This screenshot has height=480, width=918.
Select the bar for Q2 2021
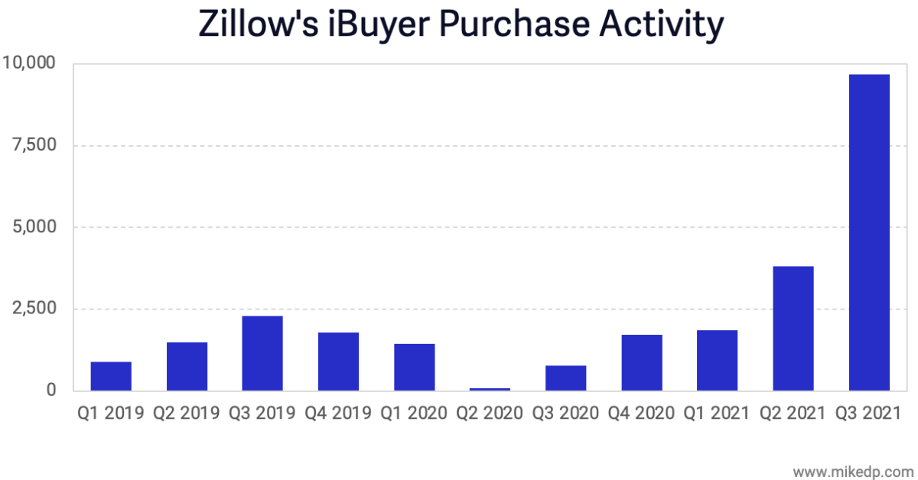[793, 328]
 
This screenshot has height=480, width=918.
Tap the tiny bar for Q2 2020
[490, 389]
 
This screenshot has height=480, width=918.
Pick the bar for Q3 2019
[262, 352]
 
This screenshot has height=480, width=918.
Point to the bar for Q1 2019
[111, 375]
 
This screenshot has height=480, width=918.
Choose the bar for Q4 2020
[642, 362]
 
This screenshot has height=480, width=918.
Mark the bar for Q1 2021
[718, 360]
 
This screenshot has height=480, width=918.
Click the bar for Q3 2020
[566, 378]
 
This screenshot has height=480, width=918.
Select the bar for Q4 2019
[338, 361]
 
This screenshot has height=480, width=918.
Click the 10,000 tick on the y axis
[28, 63]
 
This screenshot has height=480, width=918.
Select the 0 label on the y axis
[50, 390]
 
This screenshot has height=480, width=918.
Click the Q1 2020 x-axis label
[414, 414]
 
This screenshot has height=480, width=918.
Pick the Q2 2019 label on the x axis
[187, 414]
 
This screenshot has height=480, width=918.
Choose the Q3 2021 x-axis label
[869, 414]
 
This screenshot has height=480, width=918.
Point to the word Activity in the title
[660, 24]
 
